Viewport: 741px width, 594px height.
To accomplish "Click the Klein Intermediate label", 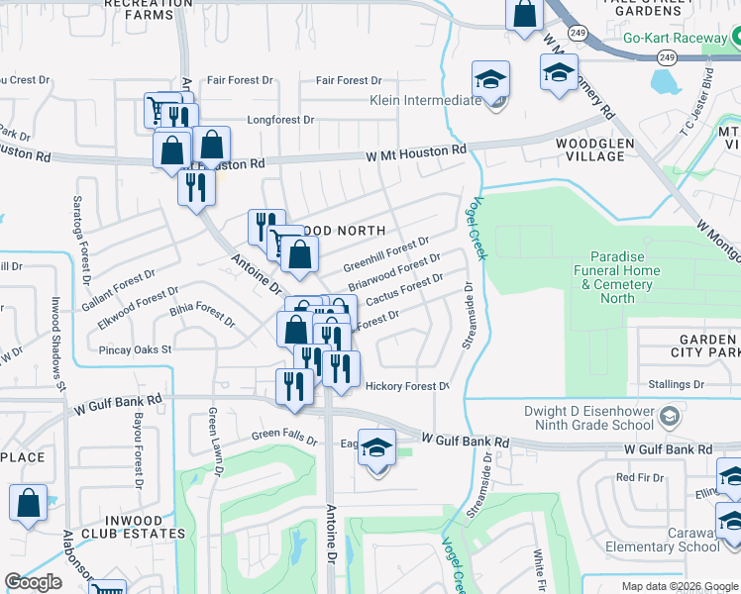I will coord(425,100).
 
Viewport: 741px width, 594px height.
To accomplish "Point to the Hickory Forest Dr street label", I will coord(407,386).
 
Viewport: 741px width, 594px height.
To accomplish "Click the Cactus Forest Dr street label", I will coord(404,291).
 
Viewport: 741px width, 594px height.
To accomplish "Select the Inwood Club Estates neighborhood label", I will coord(125,533).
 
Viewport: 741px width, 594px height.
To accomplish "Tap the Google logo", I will coord(33,582).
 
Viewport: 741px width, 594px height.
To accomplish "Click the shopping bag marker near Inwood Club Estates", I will coord(29,503).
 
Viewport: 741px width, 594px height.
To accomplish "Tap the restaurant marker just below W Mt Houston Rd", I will coord(196,186).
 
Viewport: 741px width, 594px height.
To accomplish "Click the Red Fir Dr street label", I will coord(638,477).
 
